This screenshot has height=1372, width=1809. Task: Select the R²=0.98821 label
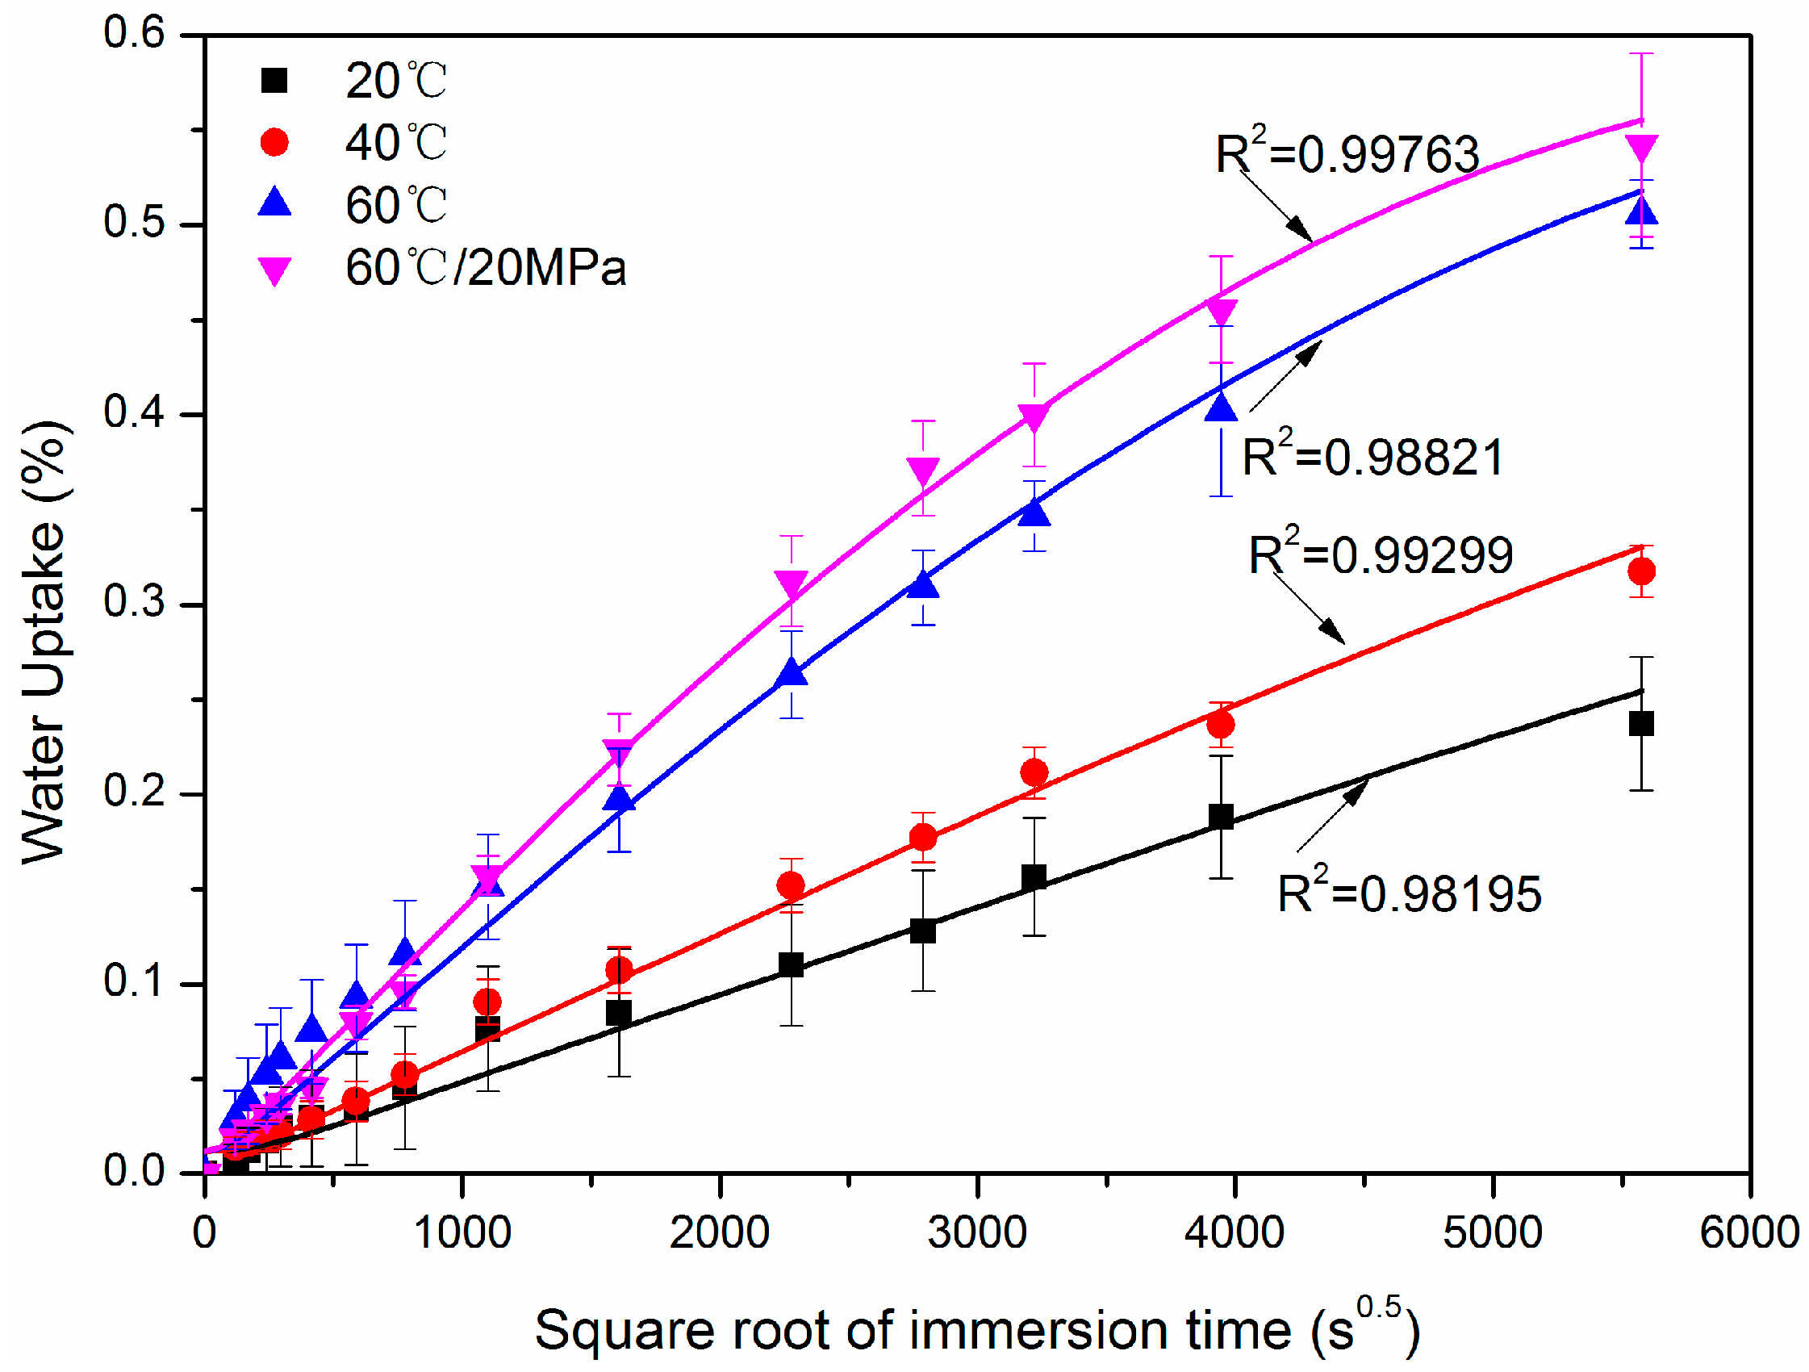pyautogui.click(x=1372, y=456)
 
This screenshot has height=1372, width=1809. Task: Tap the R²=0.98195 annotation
pyautogui.click(x=1409, y=893)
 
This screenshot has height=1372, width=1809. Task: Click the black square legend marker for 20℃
pyautogui.click(x=274, y=80)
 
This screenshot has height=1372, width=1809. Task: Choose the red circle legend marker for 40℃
pyautogui.click(x=274, y=142)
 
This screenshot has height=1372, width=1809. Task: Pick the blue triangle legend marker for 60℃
pyautogui.click(x=274, y=203)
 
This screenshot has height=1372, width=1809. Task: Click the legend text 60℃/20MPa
pyautogui.click(x=485, y=267)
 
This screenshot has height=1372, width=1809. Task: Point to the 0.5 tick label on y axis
pyautogui.click(x=133, y=222)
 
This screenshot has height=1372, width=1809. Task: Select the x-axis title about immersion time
pyautogui.click(x=976, y=1328)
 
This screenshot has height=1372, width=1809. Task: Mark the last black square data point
pyautogui.click(x=1641, y=724)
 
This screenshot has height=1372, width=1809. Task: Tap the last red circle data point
pyautogui.click(x=1641, y=571)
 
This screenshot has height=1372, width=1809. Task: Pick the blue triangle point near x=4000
pyautogui.click(x=1221, y=407)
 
